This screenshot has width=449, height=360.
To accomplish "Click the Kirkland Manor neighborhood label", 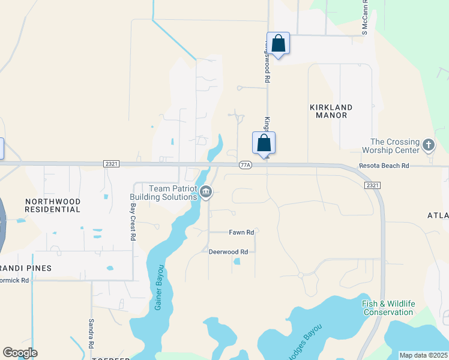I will pos(331,111).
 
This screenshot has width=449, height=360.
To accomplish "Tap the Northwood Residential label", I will pos(53,205).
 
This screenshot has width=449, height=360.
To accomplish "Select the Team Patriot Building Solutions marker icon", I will pos(206,192).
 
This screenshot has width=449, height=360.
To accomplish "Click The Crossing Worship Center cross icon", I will pos(429,145).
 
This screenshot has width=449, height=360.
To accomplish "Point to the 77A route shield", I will pos(245,165).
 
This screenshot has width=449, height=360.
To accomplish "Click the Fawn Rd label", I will pos(241,232).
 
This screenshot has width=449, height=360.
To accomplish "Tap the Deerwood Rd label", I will pos(228,252).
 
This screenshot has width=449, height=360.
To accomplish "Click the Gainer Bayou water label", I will pos(159,287).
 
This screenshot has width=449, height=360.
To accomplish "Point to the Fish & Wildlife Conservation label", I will pos(388,308).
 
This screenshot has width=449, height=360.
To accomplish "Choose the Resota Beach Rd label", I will pos(384,166).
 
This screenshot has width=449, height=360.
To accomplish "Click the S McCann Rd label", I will pos(364,17).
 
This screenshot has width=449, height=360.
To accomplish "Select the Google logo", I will pos(20,353).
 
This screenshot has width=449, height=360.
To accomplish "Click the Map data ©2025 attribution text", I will pos(424,355).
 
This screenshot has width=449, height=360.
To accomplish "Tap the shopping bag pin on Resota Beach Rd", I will pos(264,143).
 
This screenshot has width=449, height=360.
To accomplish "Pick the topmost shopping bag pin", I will pos(278,43).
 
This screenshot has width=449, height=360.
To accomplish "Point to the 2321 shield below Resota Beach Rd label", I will pos(372,185).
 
